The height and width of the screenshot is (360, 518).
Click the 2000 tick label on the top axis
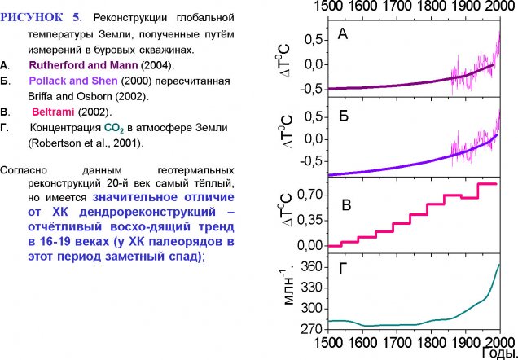coord(499,9)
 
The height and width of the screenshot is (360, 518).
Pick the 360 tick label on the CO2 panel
coord(309,266)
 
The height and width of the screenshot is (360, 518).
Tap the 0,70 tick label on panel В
coord(304,195)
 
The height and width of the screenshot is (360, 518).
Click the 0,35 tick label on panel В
coord(304,220)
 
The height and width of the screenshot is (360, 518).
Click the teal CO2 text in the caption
coord(112,128)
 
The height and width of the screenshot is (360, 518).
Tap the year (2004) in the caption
coord(159,65)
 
